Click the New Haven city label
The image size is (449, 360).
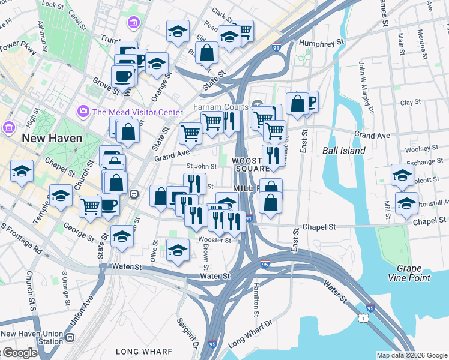point(52,138)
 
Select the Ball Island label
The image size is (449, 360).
point(344,151)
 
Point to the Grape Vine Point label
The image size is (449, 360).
point(414,273)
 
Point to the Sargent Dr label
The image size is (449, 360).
point(187,334)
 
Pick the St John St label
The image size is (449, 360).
point(201,167)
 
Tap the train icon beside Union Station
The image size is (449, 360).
point(70,337)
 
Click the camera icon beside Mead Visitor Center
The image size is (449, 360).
point(83,112)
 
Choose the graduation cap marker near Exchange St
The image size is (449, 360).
point(402,174)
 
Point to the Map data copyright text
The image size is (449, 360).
point(411,355)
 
